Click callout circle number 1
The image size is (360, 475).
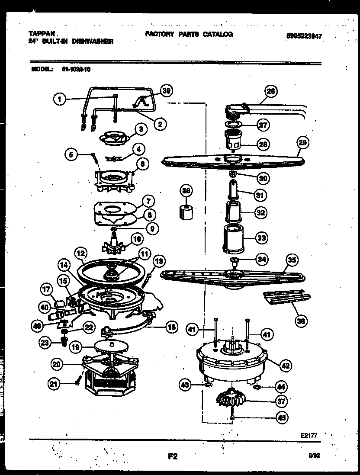(x=60, y=99)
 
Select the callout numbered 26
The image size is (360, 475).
(x=271, y=91)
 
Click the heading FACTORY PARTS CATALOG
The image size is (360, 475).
(x=189, y=34)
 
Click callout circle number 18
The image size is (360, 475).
(x=172, y=327)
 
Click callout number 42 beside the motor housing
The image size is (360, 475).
(x=285, y=365)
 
